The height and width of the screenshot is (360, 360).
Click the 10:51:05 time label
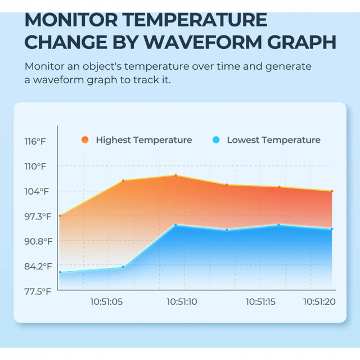pyautogui.click(x=106, y=301)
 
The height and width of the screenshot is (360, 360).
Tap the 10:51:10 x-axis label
pyautogui.click(x=181, y=301)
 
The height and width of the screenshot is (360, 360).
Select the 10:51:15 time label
pyautogui.click(x=260, y=301)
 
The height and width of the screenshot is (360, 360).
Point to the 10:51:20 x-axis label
pyautogui.click(x=319, y=301)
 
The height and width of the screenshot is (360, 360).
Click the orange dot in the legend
pyautogui.click(x=84, y=140)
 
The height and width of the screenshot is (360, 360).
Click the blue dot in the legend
pyautogui.click(x=215, y=140)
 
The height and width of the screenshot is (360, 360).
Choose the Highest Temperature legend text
pyautogui.click(x=143, y=140)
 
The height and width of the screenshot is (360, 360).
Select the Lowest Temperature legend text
pyautogui.click(x=273, y=140)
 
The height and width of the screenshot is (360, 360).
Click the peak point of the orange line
pyautogui.click(x=175, y=175)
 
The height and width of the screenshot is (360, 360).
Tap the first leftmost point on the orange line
pyautogui.click(x=60, y=216)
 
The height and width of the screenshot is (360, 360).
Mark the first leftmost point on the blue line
pyautogui.click(x=60, y=272)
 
